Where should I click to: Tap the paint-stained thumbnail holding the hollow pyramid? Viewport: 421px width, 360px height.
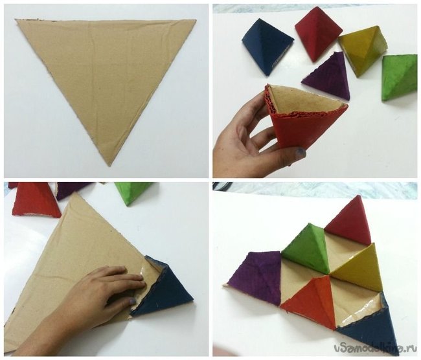click(300, 152)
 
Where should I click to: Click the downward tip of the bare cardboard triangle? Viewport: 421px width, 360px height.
click(109, 166)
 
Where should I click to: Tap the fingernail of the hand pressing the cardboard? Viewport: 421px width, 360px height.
click(132, 302)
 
